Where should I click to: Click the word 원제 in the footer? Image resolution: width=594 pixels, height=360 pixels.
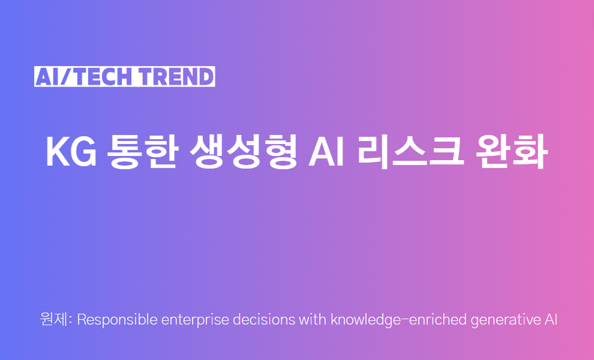(53, 320)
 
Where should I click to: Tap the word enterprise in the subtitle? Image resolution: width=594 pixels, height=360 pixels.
(189, 320)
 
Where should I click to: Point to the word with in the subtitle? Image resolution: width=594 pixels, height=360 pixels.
(312, 320)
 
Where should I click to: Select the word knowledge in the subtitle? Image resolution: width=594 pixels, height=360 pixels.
(361, 320)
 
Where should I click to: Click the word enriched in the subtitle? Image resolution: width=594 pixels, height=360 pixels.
(432, 320)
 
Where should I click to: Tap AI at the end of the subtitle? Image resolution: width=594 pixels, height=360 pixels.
(551, 320)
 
